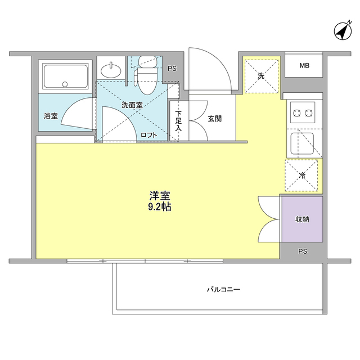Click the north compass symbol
click(x=343, y=31)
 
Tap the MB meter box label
click(x=304, y=66)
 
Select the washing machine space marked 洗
click(x=261, y=76)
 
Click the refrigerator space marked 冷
click(x=301, y=175)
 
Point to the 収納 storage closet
click(x=302, y=219)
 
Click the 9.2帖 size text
click(x=160, y=207)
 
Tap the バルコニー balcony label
click(x=223, y=289)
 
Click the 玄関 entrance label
click(x=215, y=119)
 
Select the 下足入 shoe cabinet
click(x=179, y=121)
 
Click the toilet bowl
click(x=147, y=80)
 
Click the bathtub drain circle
click(x=65, y=84)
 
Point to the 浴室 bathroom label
click(x=51, y=116)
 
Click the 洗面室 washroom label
click(x=132, y=105)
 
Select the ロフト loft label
click(x=148, y=135)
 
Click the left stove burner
click(x=296, y=113)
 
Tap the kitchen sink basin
click(x=302, y=143)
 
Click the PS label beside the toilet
click(x=172, y=69)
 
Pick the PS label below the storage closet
click(x=303, y=251)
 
